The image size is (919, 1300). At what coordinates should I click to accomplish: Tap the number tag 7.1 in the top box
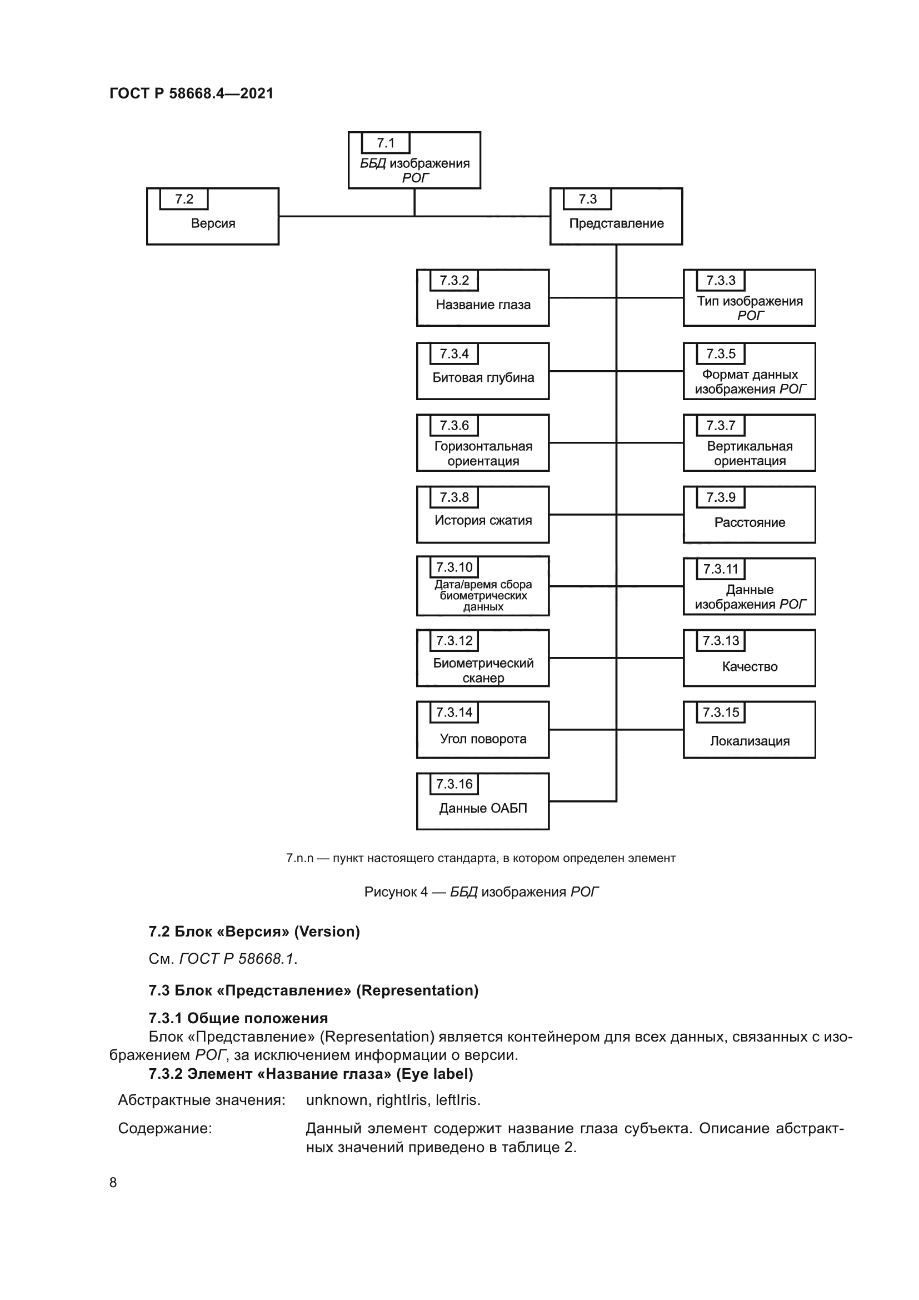point(386,143)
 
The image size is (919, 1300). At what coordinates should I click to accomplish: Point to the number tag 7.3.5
point(721,354)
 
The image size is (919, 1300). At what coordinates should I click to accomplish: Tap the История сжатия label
point(483,520)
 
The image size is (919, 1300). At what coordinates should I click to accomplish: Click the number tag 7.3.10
point(454,567)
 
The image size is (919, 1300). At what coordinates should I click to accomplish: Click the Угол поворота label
point(483,739)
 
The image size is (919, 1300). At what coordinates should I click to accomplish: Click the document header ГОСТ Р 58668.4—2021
point(191,93)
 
